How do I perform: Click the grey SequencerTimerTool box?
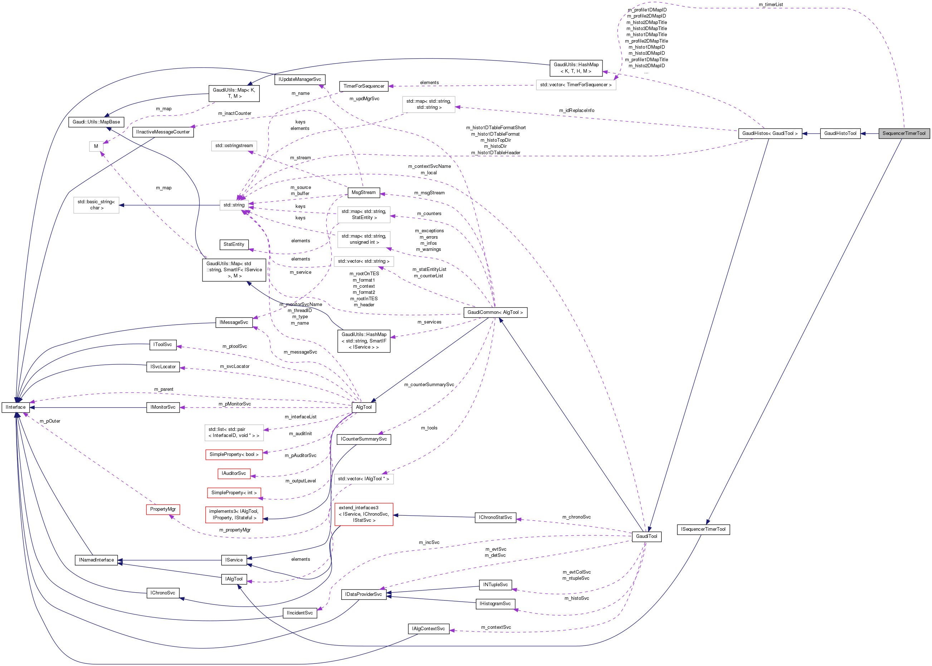[x=903, y=133]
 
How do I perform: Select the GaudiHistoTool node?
[x=840, y=133]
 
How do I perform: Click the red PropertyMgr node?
[x=163, y=509]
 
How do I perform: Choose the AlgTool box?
[x=364, y=407]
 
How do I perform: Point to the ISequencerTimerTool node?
[x=703, y=529]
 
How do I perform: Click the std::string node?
[x=234, y=205]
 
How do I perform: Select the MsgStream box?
[x=363, y=192]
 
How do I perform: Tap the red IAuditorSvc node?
[x=234, y=474]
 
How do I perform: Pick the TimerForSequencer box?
[x=364, y=86]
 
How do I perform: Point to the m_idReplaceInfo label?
[x=576, y=110]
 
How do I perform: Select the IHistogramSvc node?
[x=495, y=604]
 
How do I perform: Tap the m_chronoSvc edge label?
[x=576, y=517]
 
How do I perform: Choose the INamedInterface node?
[x=96, y=560]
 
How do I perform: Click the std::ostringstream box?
[x=234, y=146]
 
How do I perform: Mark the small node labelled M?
[x=96, y=146]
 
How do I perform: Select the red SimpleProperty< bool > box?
[x=234, y=454]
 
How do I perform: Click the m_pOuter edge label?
[x=50, y=421]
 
